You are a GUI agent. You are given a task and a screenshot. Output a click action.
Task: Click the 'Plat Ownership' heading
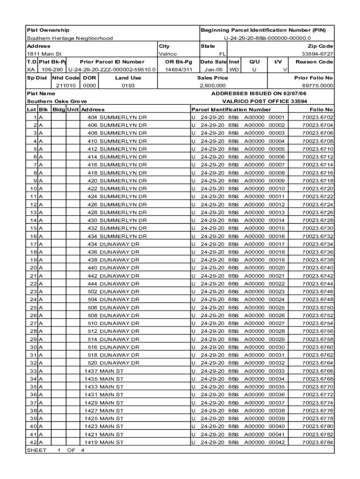[x=48, y=30]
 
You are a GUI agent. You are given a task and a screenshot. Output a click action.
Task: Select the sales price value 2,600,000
[x=213, y=86]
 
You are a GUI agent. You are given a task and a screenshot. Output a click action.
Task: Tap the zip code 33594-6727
[x=317, y=54]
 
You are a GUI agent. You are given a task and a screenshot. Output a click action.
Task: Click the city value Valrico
[x=168, y=54]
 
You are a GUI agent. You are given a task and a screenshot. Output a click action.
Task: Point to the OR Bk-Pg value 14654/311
[x=179, y=70]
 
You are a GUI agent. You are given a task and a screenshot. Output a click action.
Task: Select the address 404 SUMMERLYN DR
[x=117, y=117]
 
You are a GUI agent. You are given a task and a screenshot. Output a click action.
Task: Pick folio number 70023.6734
[x=318, y=244]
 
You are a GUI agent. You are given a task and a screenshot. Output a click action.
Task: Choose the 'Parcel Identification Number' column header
[x=231, y=109]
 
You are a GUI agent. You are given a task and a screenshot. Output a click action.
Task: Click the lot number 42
[x=33, y=442]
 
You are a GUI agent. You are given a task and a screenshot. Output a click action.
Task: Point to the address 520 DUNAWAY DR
[x=113, y=363]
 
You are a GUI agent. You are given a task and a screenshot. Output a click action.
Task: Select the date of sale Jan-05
[x=213, y=70]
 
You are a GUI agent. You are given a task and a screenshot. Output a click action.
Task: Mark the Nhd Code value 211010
[x=65, y=86]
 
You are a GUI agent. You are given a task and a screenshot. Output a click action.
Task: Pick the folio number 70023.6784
[x=318, y=442]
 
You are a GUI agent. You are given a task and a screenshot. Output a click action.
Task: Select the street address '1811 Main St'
[x=44, y=54]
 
